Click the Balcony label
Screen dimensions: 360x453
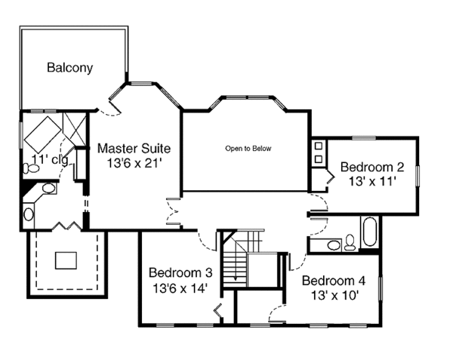(x=69, y=68)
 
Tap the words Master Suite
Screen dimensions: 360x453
(x=134, y=148)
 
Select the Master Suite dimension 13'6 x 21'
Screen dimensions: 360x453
(x=134, y=162)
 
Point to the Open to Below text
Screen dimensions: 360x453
(x=248, y=149)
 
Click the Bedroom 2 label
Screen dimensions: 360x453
(x=372, y=167)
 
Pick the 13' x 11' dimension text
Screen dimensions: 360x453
(x=372, y=181)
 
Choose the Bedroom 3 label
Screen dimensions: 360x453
(x=180, y=272)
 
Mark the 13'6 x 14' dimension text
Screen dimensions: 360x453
(x=180, y=288)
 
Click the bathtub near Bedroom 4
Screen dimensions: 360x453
(x=370, y=233)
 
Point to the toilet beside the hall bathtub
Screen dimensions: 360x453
(x=350, y=243)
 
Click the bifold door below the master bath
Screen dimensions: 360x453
(x=63, y=226)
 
